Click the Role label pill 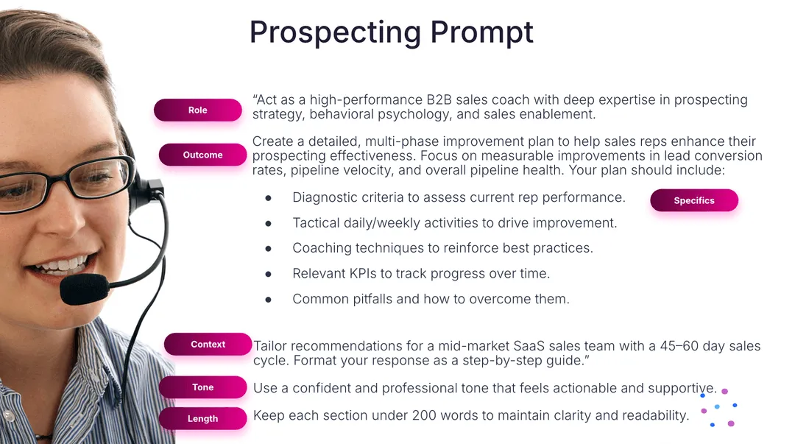198,110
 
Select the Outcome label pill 203,155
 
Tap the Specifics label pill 694,200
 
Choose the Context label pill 208,344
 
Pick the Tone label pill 203,387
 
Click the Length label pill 203,419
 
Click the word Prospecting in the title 335,33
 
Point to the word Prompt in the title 481,33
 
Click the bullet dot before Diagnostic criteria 268,198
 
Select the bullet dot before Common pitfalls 268,300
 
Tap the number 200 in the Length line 424,415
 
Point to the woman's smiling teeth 60,265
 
